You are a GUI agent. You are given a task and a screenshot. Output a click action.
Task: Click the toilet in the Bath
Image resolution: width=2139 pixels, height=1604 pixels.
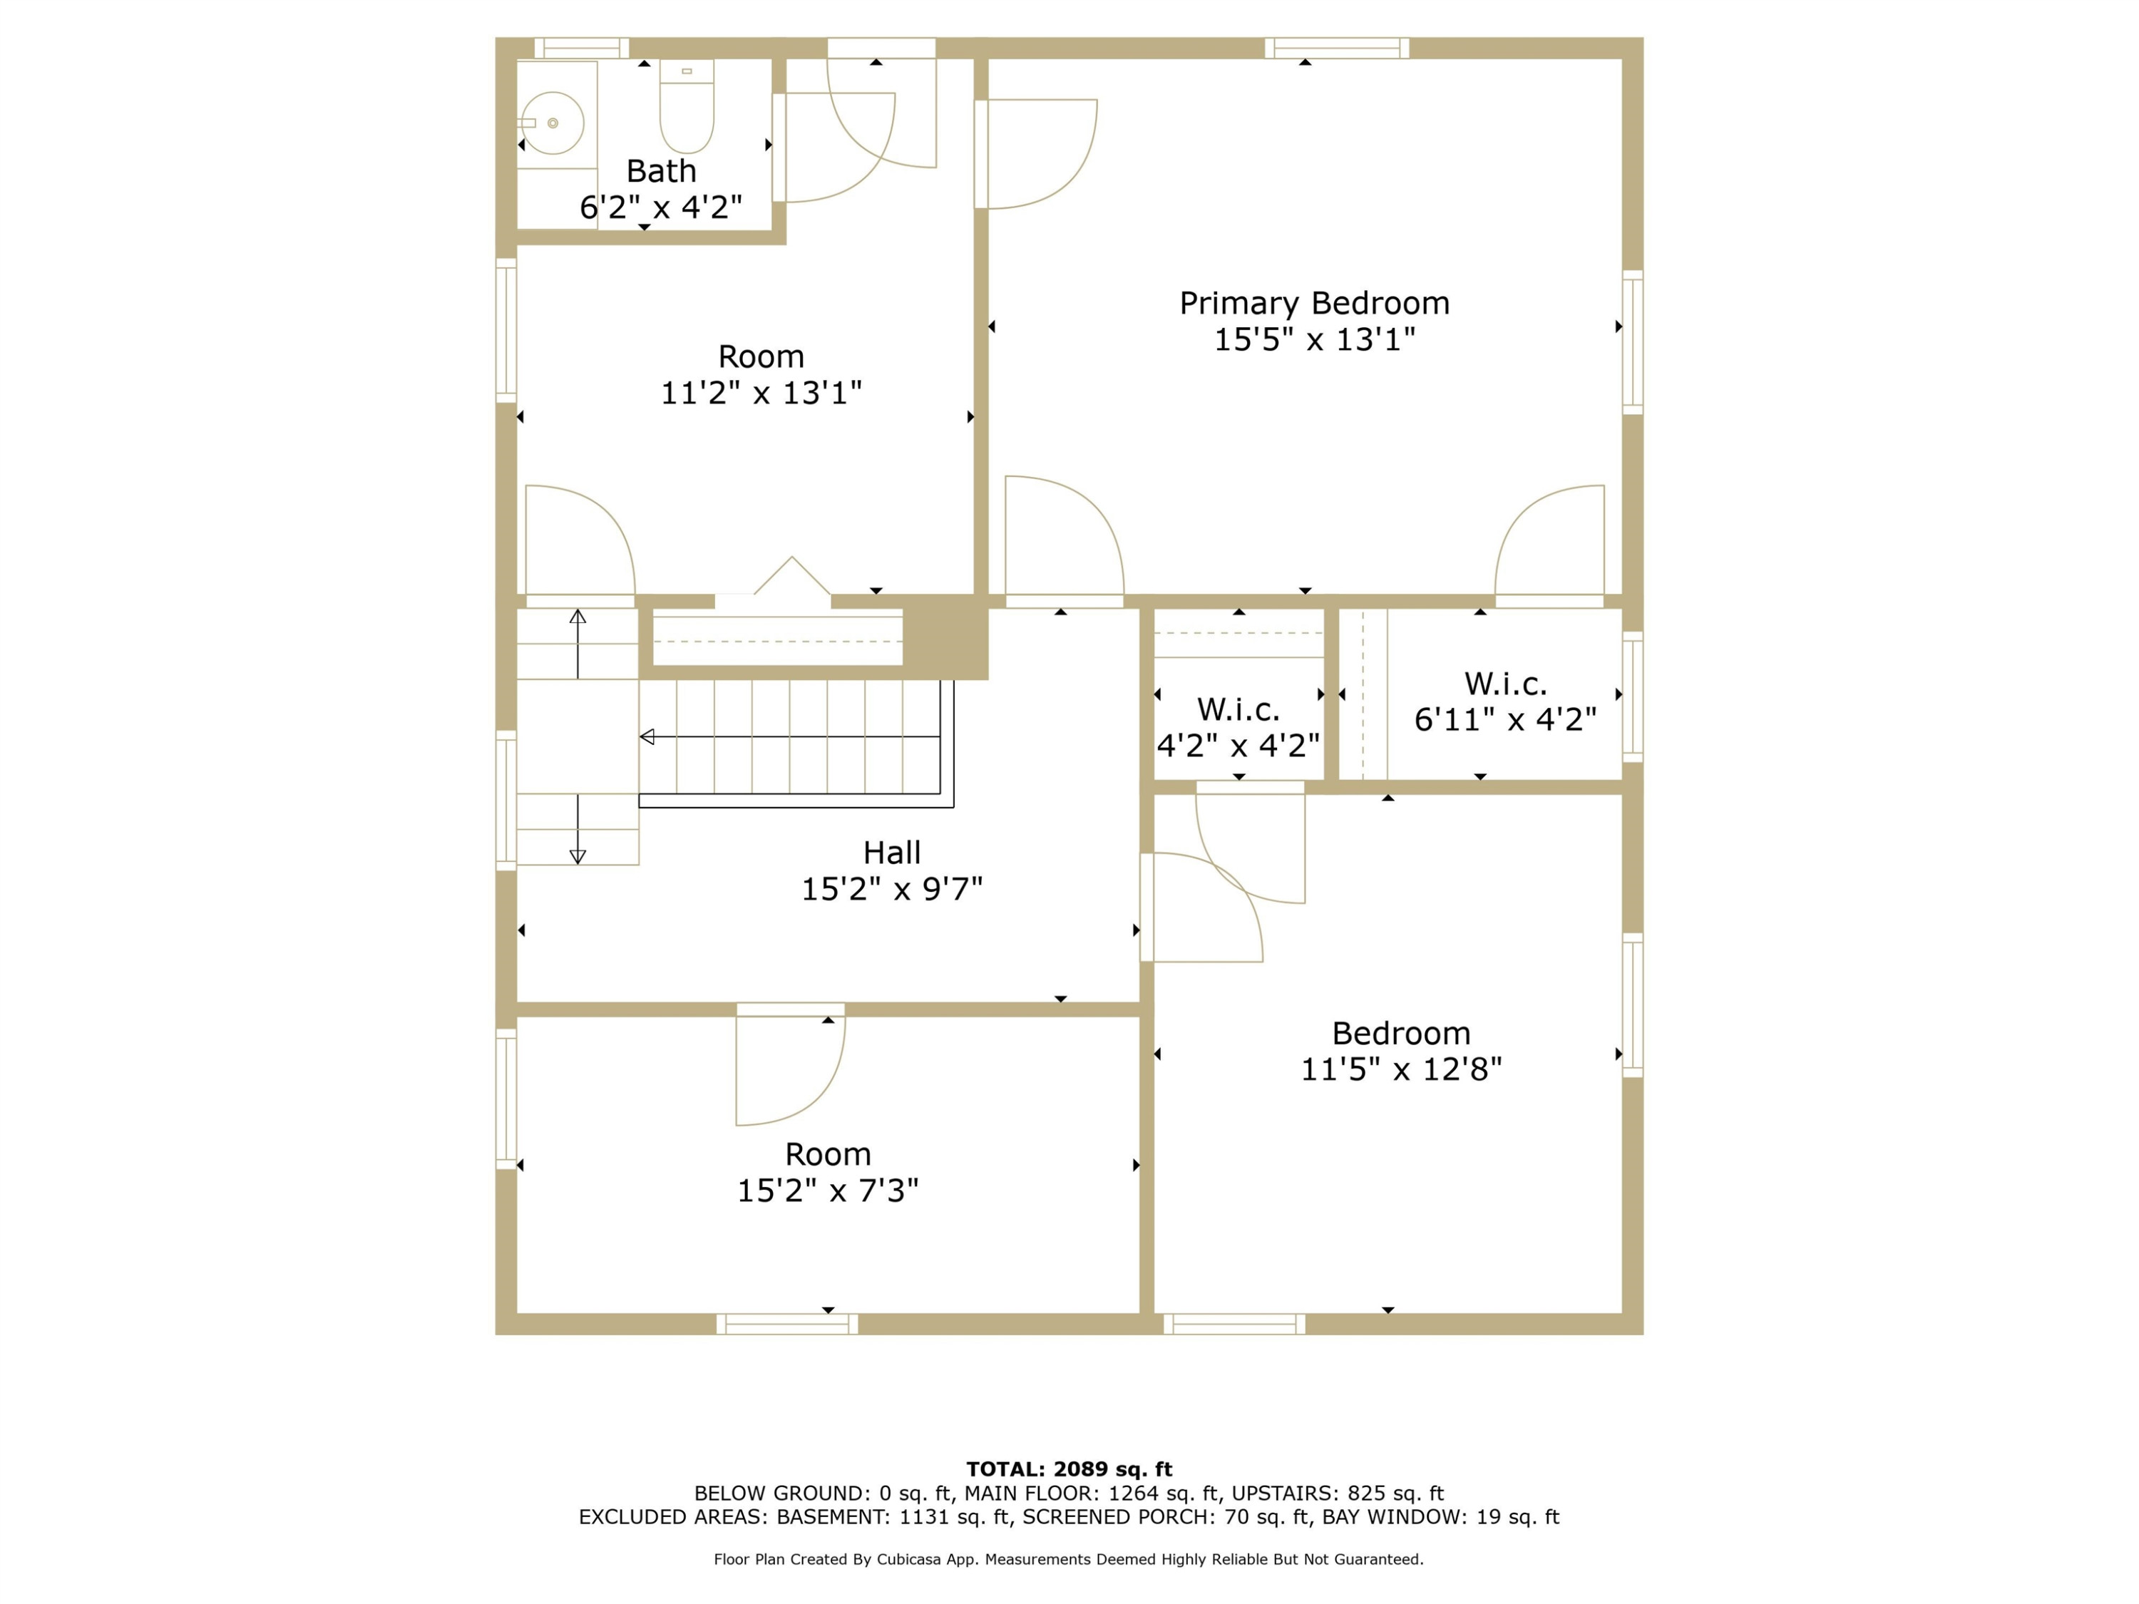pos(687,106)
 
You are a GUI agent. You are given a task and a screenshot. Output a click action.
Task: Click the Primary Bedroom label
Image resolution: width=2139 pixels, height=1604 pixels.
pos(1314,304)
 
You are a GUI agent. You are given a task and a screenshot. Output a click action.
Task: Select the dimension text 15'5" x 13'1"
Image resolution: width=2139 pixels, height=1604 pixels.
pos(1314,339)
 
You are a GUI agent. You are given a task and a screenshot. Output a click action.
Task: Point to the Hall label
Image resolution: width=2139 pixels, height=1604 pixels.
pos(891,853)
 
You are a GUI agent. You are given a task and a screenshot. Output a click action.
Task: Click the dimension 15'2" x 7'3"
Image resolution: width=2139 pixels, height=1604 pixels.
pos(828,1191)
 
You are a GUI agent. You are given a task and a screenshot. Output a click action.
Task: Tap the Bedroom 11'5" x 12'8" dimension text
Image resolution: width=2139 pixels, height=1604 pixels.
pos(1401,1069)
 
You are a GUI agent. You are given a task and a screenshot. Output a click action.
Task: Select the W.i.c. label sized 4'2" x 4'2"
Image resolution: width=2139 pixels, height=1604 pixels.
pos(1238,709)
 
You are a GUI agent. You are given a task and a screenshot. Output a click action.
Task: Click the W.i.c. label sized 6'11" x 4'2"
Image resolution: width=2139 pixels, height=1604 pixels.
pos(1506,684)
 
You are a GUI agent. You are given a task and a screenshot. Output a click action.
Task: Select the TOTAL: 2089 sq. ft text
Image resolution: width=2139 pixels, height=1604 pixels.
pos(1069,1469)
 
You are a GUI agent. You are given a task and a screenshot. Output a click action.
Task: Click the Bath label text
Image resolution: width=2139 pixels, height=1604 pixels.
pos(662,171)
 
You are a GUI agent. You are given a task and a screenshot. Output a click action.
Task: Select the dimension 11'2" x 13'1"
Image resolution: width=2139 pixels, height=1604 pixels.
pos(761,393)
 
